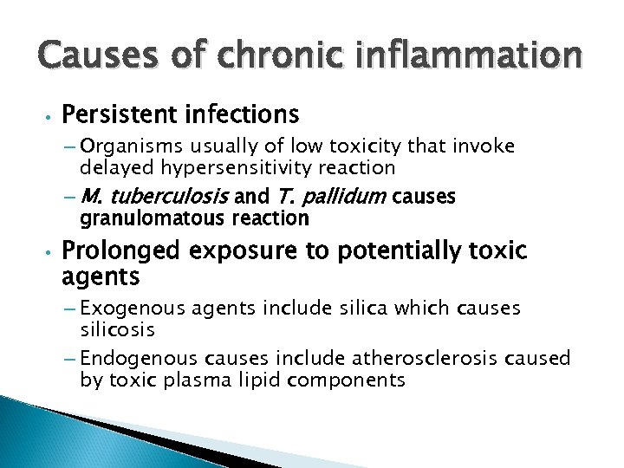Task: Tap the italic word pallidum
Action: point(341,198)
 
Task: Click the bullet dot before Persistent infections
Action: point(52,115)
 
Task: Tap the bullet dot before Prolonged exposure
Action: point(52,253)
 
